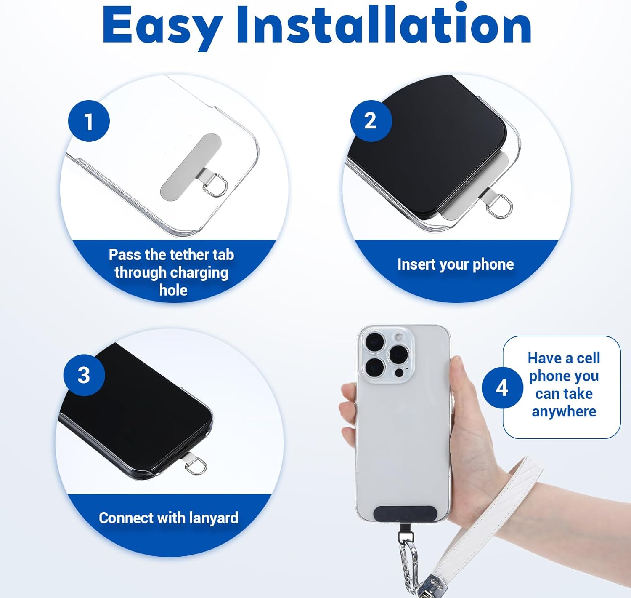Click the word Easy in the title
coord(163,28)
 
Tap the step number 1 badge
coord(89,121)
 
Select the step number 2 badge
coord(371,121)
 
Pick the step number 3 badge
coord(84,375)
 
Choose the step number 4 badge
coord(503,388)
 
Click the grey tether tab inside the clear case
coord(191,168)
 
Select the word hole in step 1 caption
coord(173,290)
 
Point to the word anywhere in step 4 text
coord(564,411)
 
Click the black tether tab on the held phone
coord(404,513)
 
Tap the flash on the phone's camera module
coord(399,337)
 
